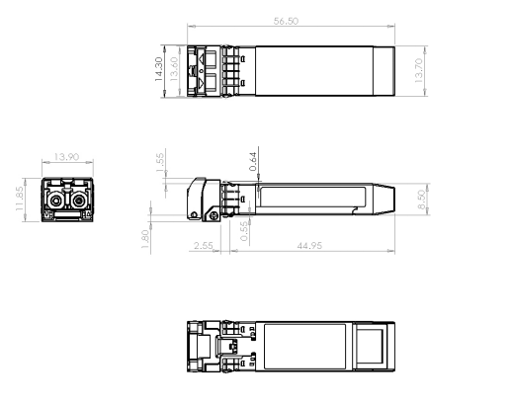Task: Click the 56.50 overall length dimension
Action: pos(287,21)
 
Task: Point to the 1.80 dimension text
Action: pos(144,239)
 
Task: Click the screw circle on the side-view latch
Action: pos(211,214)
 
